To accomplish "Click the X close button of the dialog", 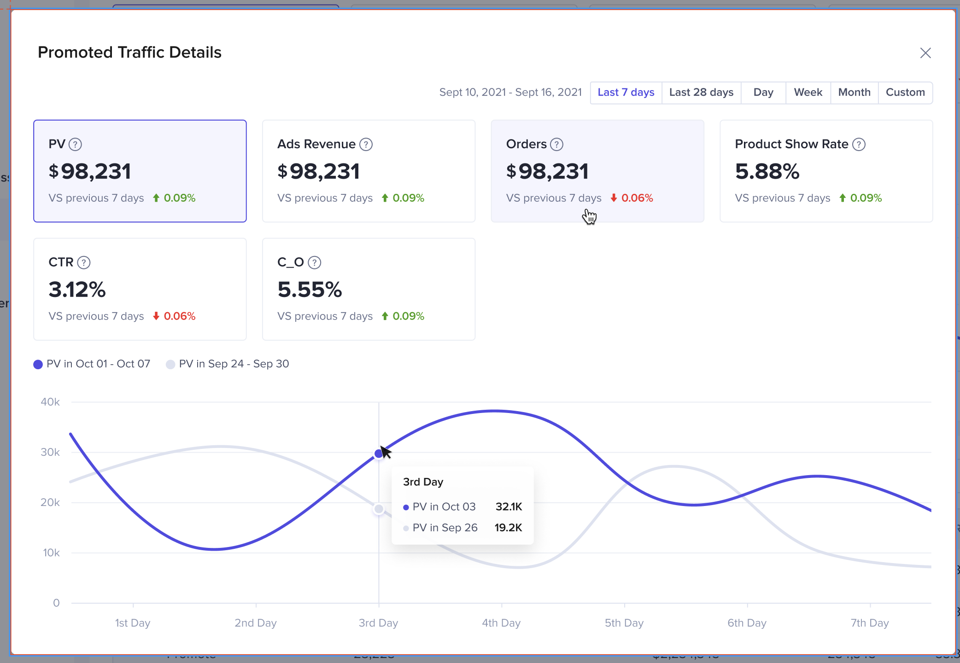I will [925, 53].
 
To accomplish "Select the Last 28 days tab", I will [701, 93].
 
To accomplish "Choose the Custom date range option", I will [905, 93].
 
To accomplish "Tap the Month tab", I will [854, 93].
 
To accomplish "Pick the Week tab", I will [808, 93].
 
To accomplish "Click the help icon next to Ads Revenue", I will [366, 145].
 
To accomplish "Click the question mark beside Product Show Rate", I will [859, 145].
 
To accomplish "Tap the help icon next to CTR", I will [84, 262].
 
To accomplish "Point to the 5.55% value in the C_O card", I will [310, 290].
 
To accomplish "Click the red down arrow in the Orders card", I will [614, 198].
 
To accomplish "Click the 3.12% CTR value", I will [77, 290].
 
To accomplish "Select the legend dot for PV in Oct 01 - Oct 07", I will [38, 365].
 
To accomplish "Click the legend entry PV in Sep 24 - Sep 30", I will [234, 364].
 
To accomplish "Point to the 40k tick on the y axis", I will [50, 402].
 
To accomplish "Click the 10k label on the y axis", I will [51, 552].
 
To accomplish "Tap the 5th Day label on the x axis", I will [624, 623].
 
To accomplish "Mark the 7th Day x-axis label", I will [870, 623].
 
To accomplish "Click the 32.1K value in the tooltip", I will [509, 507].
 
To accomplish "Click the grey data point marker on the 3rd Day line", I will [379, 509].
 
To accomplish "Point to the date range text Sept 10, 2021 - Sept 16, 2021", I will [510, 93].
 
